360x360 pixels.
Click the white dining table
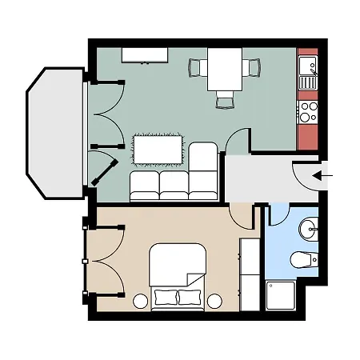pos(224,69)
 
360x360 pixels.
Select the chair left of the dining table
pos(197,68)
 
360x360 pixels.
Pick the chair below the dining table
pos(225,99)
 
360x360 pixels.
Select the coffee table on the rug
pos(161,150)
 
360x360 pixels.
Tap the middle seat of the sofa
pos(174,186)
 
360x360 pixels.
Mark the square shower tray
pos(282,297)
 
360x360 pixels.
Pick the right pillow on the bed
pos(190,298)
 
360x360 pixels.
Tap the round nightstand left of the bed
pos(139,302)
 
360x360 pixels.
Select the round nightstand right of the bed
pos(214,302)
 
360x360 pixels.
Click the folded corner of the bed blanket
pos(194,278)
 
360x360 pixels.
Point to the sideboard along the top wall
pos(145,54)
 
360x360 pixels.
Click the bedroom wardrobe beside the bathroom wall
pos(250,272)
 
